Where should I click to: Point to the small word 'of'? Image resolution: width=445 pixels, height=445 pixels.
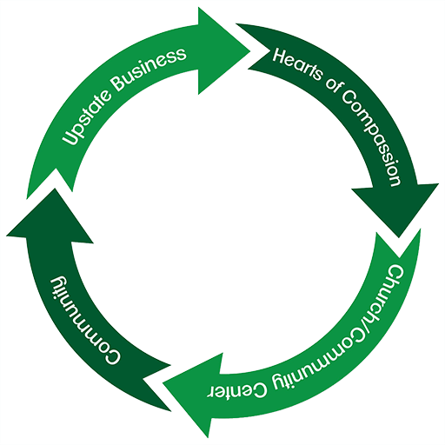[x=333, y=85]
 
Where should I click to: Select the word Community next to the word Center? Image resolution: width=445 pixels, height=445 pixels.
[x=314, y=362]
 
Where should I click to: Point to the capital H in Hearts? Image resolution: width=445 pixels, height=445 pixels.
[x=281, y=56]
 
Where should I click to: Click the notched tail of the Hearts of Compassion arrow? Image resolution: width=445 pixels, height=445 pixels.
[x=254, y=46]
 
